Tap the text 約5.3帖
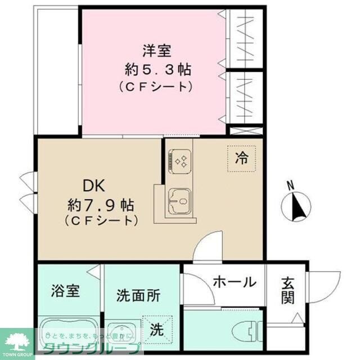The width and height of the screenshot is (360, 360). [x=157, y=70]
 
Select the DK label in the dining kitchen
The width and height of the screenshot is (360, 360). [x=95, y=185]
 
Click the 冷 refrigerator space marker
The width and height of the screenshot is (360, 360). [x=241, y=159]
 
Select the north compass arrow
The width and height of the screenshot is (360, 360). [x=298, y=206]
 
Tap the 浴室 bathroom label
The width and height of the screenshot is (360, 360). [x=66, y=291]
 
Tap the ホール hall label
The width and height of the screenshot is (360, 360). [x=234, y=282]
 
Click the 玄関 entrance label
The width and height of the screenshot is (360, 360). [x=287, y=290]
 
